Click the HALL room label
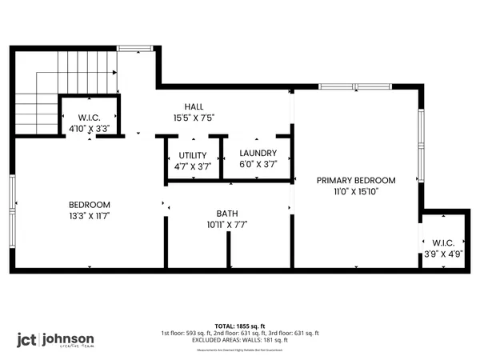pos(194,106)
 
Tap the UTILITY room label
pos(193,154)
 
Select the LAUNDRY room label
pos(258,154)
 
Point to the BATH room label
pos(226,214)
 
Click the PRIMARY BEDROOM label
pos(356,180)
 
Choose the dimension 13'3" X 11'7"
pos(89,216)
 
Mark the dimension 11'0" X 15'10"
pos(356,191)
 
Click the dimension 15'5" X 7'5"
pos(194,118)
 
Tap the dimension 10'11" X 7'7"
pos(226,225)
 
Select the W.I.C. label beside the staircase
pos(89,117)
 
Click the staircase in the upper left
pos(40,104)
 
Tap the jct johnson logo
pos(56,339)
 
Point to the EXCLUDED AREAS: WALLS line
pos(240,339)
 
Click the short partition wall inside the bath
pos(229,252)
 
